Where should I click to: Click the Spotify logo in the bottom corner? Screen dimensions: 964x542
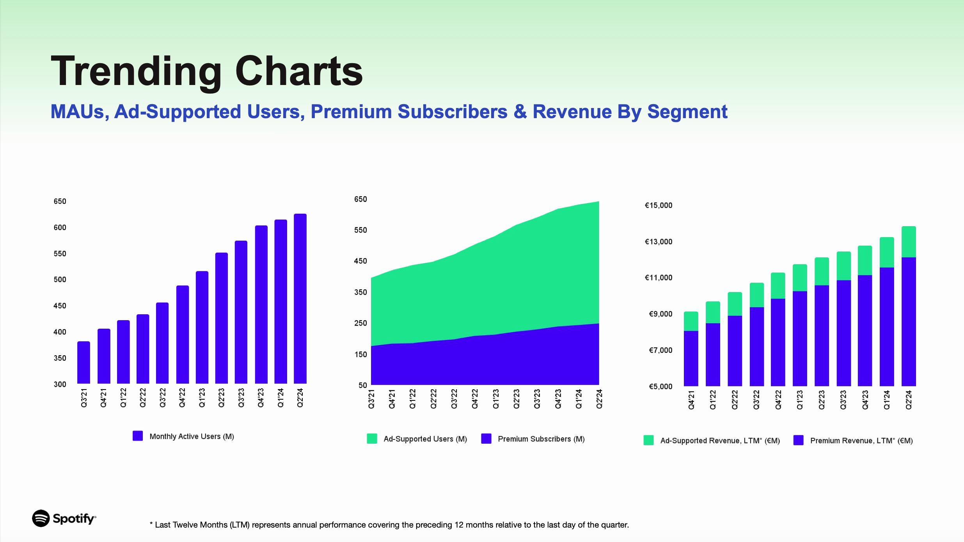[64, 518]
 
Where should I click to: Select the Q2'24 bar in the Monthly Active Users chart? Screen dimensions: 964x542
[300, 299]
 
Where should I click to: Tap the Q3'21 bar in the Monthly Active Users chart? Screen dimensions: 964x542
[83, 363]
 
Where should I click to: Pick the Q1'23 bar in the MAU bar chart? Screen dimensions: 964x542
[202, 328]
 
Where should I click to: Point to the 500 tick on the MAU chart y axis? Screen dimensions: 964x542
[60, 280]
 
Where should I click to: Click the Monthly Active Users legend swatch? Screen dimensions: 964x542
[138, 436]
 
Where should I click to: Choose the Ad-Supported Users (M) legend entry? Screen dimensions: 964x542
[417, 439]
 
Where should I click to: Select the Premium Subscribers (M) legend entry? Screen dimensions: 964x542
[533, 439]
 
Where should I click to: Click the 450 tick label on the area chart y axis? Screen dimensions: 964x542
[360, 261]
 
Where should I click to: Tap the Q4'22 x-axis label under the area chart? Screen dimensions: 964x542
[475, 399]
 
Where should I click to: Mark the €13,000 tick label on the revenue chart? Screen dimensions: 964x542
[659, 242]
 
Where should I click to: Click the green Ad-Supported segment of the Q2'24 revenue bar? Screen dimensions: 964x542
[909, 242]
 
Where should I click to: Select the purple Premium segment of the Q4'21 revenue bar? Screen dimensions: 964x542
[691, 359]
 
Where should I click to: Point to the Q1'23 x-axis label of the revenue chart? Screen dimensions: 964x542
[800, 400]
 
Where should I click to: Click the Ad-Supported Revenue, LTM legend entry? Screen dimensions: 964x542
[712, 440]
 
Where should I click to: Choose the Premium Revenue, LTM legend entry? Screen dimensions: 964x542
[853, 440]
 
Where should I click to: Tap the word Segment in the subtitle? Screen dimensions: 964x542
[687, 112]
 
